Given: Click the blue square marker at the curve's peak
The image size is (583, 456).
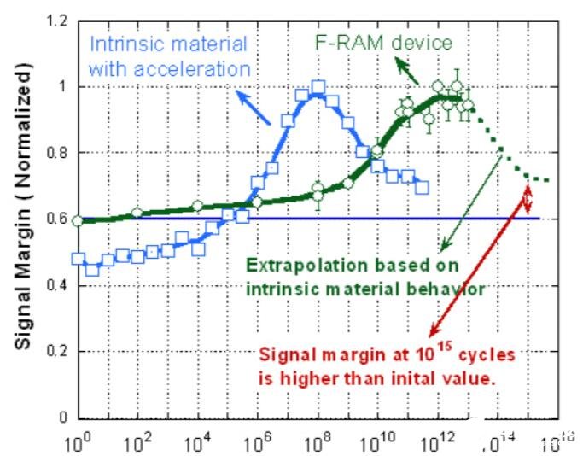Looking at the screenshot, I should click(x=318, y=87).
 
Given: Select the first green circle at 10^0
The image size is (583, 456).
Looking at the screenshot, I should click(x=79, y=220).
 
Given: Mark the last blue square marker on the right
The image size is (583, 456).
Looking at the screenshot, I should click(x=422, y=186).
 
